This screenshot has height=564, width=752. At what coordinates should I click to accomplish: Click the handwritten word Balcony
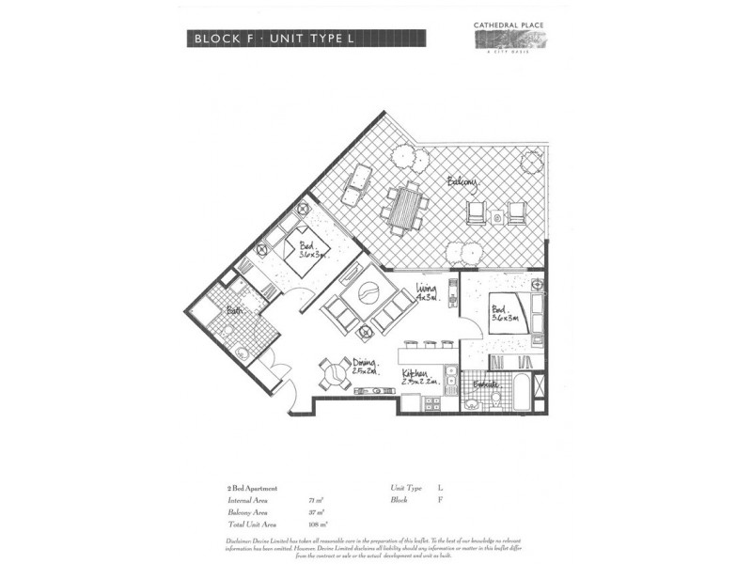[462, 181]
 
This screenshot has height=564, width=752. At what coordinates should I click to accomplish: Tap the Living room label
[430, 295]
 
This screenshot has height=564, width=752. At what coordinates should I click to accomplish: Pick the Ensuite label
[485, 385]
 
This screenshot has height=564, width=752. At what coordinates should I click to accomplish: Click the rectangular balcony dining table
[405, 208]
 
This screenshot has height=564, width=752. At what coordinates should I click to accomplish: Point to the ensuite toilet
[472, 403]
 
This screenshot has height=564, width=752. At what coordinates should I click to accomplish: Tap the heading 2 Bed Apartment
[251, 489]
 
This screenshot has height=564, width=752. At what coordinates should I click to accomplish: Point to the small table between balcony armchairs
[497, 218]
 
